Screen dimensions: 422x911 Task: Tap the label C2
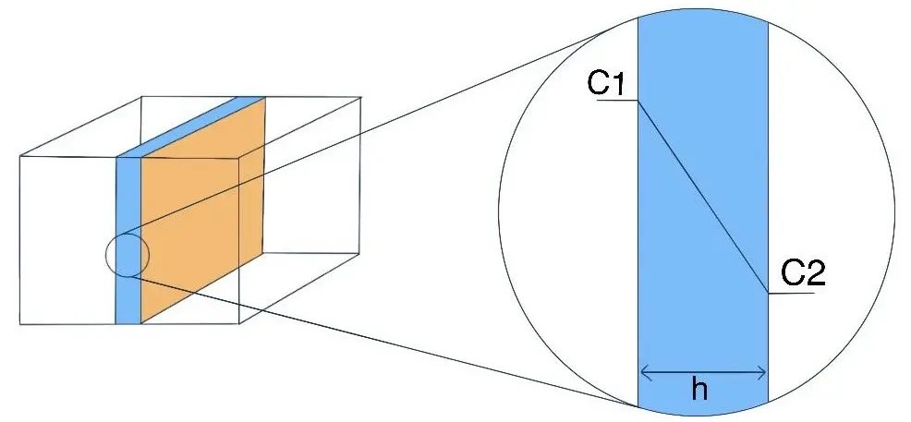[802, 272]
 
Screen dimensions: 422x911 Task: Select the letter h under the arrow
[700, 391]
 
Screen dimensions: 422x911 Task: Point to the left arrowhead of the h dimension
[644, 372]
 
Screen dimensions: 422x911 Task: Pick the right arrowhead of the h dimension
[763, 372]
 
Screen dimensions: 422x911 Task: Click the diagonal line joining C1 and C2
[702, 194]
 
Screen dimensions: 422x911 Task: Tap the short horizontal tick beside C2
[791, 293]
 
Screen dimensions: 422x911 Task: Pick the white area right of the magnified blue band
[832, 185]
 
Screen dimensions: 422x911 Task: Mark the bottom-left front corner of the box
[20, 323]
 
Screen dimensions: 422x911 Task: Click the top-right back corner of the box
[359, 95]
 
